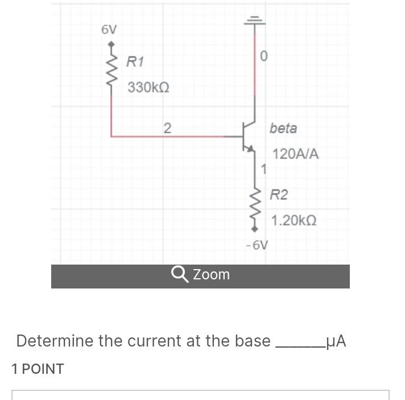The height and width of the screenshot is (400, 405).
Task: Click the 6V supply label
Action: tap(109, 30)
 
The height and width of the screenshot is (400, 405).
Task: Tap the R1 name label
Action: tap(135, 61)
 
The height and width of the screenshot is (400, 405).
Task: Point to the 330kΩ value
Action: tap(148, 88)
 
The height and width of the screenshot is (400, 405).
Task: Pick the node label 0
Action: tap(263, 56)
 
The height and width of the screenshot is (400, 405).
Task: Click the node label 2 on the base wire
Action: tap(167, 127)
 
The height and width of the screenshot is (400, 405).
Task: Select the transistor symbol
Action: tap(249, 137)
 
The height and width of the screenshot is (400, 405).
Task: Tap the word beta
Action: tap(283, 128)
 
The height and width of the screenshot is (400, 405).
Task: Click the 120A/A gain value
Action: tap(296, 154)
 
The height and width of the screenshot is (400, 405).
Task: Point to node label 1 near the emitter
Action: tap(263, 169)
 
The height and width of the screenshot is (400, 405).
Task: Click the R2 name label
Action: tap(279, 195)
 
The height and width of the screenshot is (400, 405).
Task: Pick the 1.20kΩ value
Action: tap(294, 220)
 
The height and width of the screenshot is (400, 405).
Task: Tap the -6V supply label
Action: tap(257, 245)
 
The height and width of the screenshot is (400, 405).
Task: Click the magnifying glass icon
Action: tap(180, 274)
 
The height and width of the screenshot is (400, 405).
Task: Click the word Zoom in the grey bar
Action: tap(211, 274)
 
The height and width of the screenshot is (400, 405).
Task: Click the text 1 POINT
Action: tap(38, 369)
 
